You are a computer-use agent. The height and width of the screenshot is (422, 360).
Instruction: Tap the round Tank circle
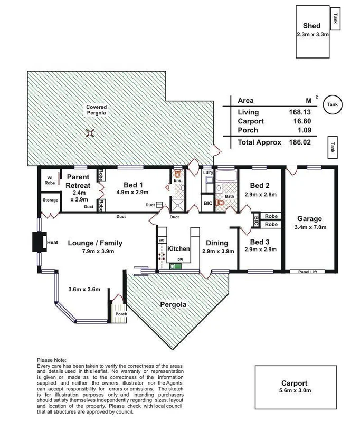coord(332,104)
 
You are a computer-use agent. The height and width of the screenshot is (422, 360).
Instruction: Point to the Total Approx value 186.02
coord(297,142)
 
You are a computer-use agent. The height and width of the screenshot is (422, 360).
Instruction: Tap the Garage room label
coord(309,219)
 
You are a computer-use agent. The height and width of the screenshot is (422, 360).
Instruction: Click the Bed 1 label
coord(134,184)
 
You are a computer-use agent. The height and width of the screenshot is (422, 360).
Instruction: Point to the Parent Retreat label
coord(78,181)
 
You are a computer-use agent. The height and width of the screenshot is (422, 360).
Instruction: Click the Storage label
coord(50,200)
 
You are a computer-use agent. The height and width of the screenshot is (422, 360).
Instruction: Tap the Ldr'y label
coord(208,172)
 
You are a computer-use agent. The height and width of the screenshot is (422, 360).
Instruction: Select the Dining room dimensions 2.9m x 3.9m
coord(217,251)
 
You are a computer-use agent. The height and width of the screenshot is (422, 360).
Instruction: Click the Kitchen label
coord(178,248)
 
